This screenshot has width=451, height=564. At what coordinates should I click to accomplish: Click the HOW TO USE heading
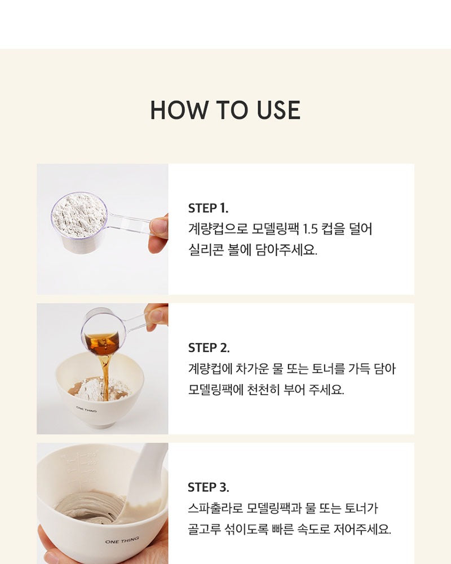pyautogui.click(x=225, y=110)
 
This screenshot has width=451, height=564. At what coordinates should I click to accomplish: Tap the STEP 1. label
pyautogui.click(x=208, y=208)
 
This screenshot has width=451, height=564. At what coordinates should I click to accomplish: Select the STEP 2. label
pyautogui.click(x=209, y=347)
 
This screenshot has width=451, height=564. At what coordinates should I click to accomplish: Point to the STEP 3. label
pyautogui.click(x=209, y=487)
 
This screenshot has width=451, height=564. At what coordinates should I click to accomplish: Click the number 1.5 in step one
pyautogui.click(x=310, y=229)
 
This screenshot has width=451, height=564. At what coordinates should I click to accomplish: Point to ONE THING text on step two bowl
pyautogui.click(x=86, y=409)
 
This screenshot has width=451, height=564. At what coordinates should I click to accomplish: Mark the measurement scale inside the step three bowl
pyautogui.click(x=82, y=468)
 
